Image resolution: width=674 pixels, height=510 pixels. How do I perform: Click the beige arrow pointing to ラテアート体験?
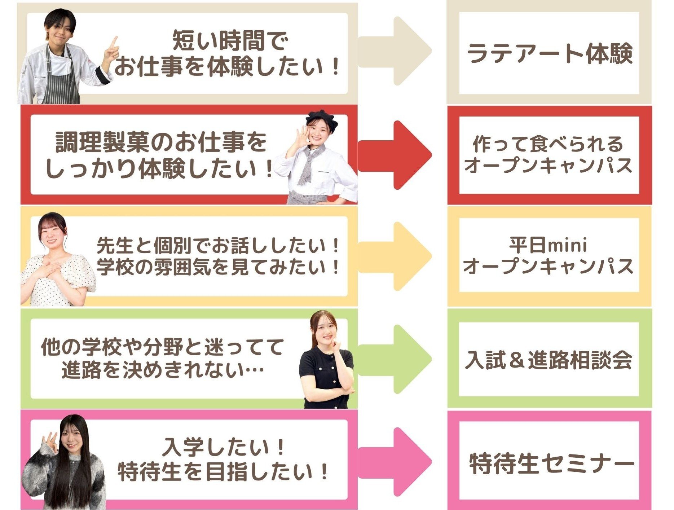[x=395, y=51]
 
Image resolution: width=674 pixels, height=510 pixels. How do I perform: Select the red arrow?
[x=395, y=155]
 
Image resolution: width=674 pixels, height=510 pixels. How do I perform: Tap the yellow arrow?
[x=395, y=256]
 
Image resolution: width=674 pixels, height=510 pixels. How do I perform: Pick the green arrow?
[x=395, y=359]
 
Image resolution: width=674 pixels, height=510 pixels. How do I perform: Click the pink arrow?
[x=395, y=462]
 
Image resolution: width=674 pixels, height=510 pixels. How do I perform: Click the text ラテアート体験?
[x=550, y=54]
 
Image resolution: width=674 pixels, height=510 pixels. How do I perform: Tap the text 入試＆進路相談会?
[x=549, y=360]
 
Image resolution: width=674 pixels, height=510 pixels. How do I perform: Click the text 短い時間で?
[x=230, y=41]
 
